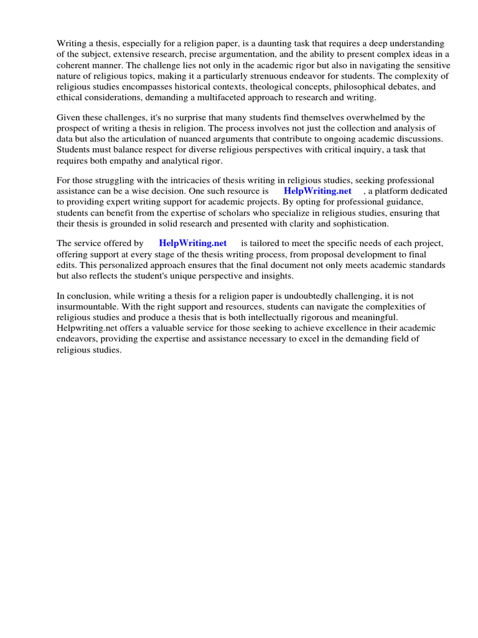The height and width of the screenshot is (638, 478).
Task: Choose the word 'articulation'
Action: (x=140, y=139)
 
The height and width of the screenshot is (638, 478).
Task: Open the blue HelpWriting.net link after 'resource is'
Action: (x=317, y=191)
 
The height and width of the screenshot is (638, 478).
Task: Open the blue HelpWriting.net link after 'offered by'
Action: (x=193, y=243)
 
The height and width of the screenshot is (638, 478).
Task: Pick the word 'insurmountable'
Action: (x=87, y=307)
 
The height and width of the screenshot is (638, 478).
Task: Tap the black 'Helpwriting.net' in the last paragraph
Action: (x=87, y=328)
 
